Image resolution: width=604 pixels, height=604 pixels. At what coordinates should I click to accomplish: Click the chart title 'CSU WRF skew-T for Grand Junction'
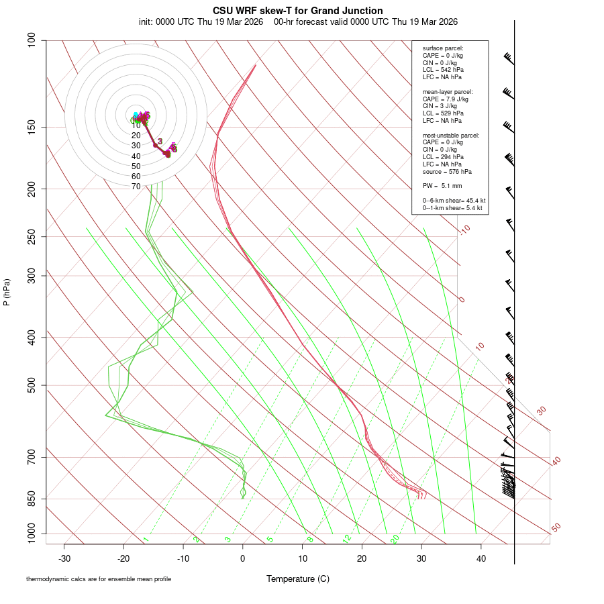point(298,11)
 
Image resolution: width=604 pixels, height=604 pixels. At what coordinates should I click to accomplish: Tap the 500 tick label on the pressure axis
point(32,385)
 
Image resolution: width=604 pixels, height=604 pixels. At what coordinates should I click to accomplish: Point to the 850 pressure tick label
point(32,499)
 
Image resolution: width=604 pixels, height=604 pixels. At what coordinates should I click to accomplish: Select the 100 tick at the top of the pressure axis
point(32,40)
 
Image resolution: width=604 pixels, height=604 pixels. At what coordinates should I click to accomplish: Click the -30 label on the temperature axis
point(64,558)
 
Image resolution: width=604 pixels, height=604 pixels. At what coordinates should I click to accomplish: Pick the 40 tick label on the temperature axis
point(481,558)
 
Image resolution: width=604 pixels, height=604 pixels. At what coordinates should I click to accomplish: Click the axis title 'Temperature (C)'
point(298,578)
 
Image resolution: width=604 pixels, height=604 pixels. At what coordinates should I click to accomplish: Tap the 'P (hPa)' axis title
point(7,292)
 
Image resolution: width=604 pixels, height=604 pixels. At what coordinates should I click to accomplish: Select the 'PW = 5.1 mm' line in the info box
point(442,186)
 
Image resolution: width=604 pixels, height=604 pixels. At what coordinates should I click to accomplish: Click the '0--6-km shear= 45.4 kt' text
point(454,201)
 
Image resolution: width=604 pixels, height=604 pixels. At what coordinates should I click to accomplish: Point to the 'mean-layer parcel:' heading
point(448,91)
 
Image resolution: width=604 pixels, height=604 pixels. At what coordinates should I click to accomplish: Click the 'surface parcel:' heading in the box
point(443,48)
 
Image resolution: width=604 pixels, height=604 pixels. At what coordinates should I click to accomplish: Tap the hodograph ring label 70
point(136,187)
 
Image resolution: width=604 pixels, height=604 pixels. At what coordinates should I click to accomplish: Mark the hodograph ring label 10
point(136,125)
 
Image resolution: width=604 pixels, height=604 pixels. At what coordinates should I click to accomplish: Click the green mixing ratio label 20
point(395,539)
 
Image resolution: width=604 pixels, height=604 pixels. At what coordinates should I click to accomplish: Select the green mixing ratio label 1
point(146,540)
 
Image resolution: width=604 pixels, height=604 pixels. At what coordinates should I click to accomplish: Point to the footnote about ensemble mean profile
point(99,579)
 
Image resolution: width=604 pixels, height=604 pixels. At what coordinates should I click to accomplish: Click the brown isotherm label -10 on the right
point(464,230)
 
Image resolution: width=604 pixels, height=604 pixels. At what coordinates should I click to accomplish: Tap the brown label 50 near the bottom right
point(556,528)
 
